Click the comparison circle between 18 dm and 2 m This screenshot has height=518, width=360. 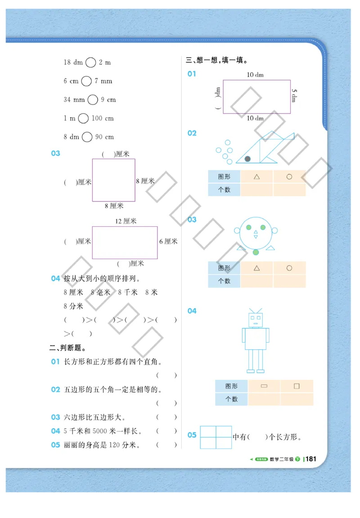click(x=91, y=63)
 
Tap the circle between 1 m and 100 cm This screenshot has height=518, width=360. click(x=83, y=118)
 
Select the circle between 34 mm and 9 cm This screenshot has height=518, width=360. click(x=93, y=99)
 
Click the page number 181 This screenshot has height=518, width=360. click(x=311, y=459)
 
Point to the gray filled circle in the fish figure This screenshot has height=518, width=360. click(x=247, y=159)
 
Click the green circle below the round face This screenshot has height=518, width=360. click(x=256, y=252)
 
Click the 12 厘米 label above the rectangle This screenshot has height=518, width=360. click(x=126, y=221)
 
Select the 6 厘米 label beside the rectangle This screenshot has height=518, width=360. click(x=168, y=241)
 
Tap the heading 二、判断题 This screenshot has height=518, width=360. click(x=67, y=347)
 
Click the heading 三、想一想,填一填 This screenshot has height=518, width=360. click(x=217, y=60)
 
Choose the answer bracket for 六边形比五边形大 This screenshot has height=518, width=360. click(x=166, y=417)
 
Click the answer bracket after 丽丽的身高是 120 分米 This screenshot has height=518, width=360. click(x=166, y=445)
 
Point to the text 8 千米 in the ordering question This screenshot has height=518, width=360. click(x=128, y=292)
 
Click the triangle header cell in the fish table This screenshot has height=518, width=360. click(x=256, y=177)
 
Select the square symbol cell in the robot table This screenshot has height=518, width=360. click(x=297, y=386)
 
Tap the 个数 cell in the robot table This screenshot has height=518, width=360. click(x=231, y=399)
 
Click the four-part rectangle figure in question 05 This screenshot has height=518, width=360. click(x=216, y=437)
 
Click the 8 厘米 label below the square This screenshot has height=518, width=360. click(x=114, y=206)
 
